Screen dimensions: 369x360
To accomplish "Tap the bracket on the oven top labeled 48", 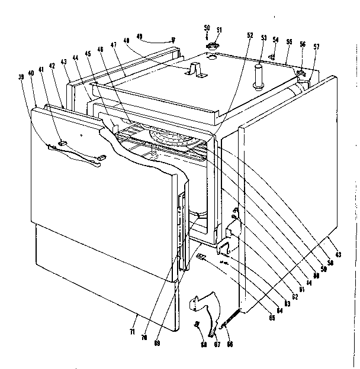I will [x=194, y=70].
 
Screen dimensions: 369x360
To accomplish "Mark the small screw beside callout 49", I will [x=173, y=40].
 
